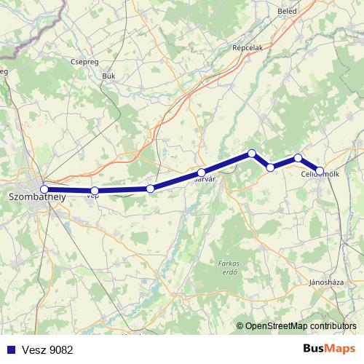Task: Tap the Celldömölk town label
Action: point(320,174)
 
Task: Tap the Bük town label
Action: point(109,75)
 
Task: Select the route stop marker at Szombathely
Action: point(44,189)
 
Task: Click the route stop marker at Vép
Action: point(95,191)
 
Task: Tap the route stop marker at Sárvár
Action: point(202,173)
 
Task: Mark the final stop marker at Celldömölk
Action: point(320,171)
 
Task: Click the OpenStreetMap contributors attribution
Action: point(300,326)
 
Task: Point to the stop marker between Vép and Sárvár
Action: point(151,189)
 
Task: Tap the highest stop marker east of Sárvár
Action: point(252,153)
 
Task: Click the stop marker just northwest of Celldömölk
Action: point(298,157)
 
